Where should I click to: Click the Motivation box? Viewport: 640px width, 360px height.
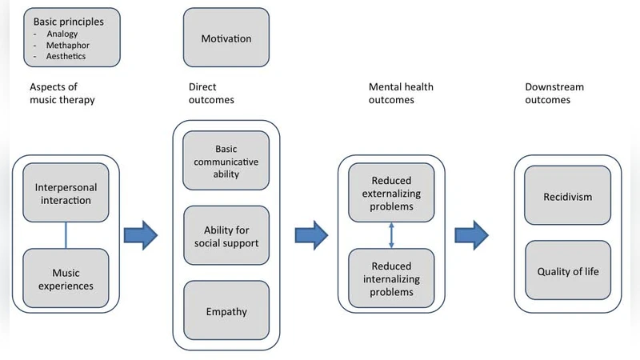pos(226,38)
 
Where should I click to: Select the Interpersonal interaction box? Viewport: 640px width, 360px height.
pos(65,193)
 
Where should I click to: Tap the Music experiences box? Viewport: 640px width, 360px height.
pos(65,278)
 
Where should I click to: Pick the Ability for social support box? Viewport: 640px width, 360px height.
pos(226,235)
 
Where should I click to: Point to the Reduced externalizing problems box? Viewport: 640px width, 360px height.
pos(392,192)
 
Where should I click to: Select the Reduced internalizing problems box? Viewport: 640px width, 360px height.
pos(392,278)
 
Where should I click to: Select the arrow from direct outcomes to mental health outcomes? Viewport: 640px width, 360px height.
pos(312,235)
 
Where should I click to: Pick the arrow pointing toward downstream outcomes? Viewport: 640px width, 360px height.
pos(472,235)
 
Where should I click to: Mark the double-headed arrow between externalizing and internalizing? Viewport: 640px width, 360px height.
pos(391,235)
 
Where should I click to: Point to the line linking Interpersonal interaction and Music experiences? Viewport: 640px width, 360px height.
pos(65,235)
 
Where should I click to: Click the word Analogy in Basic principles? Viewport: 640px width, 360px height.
pos(62,34)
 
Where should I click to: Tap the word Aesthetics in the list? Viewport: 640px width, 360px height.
pos(66,57)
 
